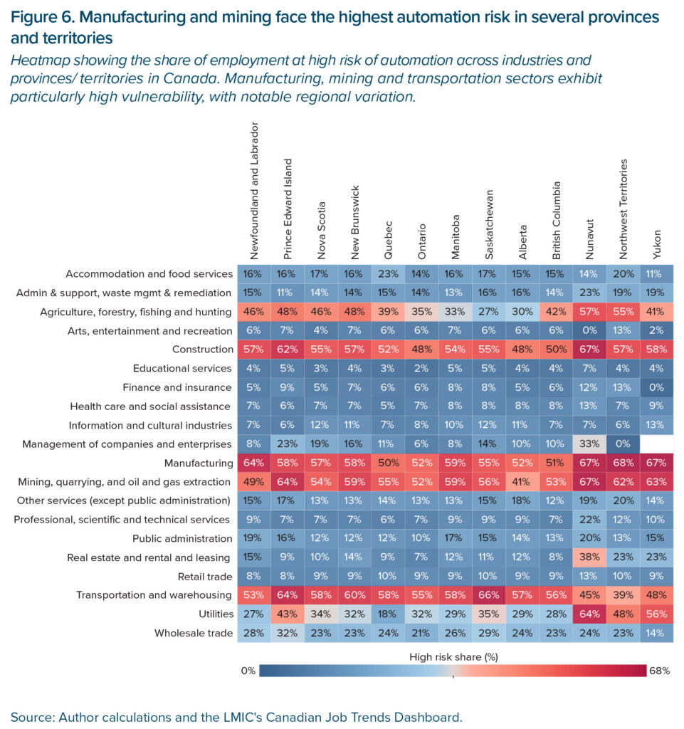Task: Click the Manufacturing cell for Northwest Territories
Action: tap(623, 463)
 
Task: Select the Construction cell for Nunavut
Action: tap(589, 349)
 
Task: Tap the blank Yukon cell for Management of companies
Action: tap(656, 444)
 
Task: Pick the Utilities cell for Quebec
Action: tap(388, 614)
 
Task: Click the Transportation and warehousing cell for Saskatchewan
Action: tap(488, 594)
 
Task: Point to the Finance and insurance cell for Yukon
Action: tap(656, 387)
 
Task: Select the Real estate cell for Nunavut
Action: tap(589, 557)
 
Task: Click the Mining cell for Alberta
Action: tap(522, 482)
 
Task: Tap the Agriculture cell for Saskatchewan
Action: tap(488, 312)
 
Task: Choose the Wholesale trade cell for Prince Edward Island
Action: tap(287, 633)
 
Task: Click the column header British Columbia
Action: tap(556, 221)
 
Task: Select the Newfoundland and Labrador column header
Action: tap(253, 191)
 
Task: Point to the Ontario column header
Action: tap(421, 242)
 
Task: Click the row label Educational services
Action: tap(182, 368)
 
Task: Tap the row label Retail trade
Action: tap(205, 577)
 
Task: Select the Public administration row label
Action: tap(182, 538)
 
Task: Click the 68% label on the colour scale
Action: tap(660, 671)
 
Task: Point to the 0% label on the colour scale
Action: tap(248, 671)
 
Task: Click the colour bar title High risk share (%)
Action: tap(453, 656)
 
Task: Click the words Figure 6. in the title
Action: tap(43, 17)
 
